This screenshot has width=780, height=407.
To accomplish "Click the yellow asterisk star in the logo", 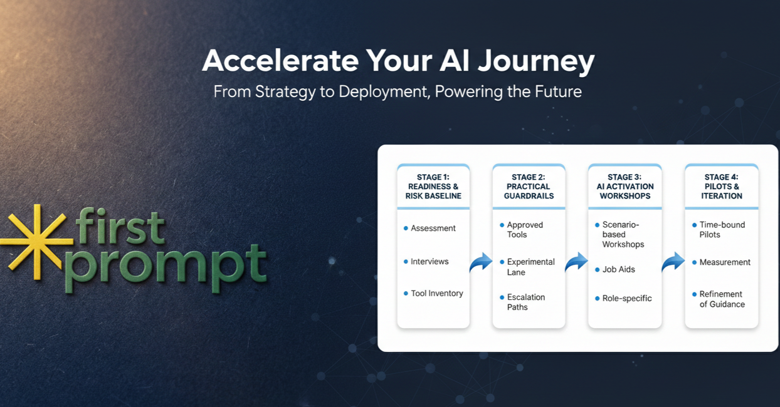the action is click(36, 240).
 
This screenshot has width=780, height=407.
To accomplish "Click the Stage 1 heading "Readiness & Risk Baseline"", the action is click(433, 187).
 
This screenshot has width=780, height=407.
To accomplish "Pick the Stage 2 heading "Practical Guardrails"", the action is click(528, 187).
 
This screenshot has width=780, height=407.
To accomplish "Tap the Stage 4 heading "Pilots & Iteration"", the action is click(721, 187).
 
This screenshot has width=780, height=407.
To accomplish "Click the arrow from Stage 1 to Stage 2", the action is click(481, 263).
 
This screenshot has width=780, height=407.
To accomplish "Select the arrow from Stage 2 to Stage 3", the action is click(576, 263).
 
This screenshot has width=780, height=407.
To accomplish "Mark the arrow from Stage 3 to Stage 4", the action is click(673, 263).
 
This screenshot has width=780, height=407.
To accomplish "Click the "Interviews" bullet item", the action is click(430, 262).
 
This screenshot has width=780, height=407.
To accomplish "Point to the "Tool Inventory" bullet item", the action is click(436, 293).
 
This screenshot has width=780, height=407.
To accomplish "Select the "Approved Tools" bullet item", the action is click(525, 230).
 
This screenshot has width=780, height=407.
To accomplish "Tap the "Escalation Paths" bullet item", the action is click(526, 302).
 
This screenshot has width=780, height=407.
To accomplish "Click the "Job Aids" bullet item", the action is click(618, 269).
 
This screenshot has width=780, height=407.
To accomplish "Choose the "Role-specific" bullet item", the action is click(627, 298).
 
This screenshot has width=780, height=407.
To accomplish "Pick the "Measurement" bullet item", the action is click(725, 262).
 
